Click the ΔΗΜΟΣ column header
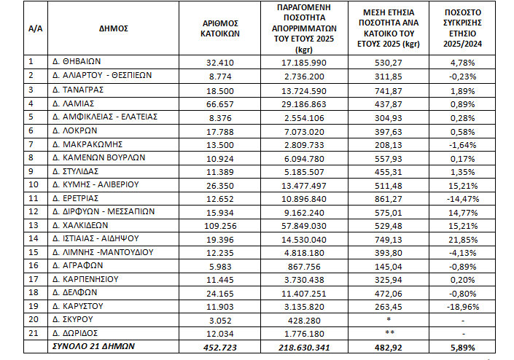(113, 28)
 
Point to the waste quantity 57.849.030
(300, 225)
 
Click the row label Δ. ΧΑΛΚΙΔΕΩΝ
(82, 225)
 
